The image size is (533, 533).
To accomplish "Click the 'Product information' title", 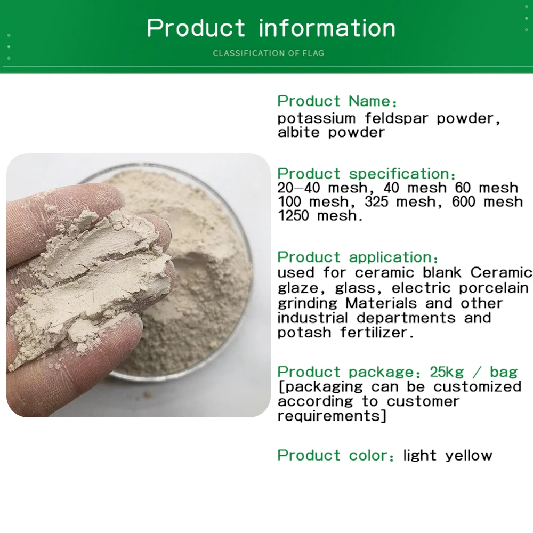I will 271,28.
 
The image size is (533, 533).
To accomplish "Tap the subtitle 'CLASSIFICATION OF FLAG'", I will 268,53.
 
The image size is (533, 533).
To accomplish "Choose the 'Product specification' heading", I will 366,174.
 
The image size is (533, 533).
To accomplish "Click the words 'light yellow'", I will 447,455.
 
